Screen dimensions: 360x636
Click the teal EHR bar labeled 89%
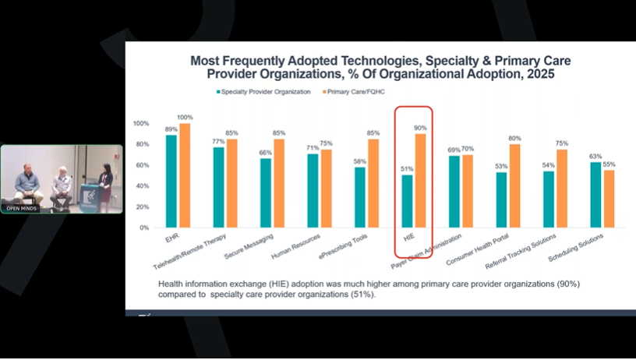[x=171, y=182]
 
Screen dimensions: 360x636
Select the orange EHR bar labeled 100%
[x=184, y=175]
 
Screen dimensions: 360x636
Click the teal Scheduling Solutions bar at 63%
[x=595, y=195]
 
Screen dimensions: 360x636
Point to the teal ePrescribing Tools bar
[x=360, y=197]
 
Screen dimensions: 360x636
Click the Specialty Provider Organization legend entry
[x=262, y=92]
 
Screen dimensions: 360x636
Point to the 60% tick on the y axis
[x=141, y=165]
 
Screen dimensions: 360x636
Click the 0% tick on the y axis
[x=143, y=228]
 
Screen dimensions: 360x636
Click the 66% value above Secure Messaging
[x=265, y=153]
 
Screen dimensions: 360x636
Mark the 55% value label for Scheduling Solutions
[x=609, y=164]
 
